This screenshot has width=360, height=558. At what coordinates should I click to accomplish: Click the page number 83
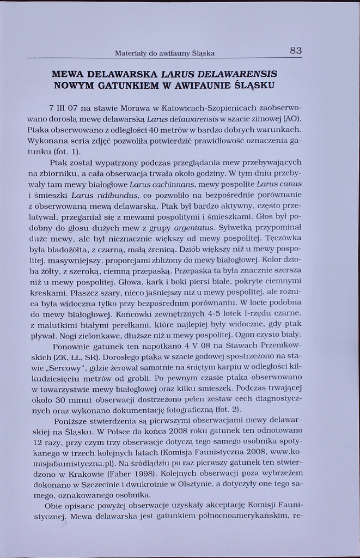pyautogui.click(x=295, y=51)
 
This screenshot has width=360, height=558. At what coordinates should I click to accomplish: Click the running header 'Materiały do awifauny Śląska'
pyautogui.click(x=164, y=53)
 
